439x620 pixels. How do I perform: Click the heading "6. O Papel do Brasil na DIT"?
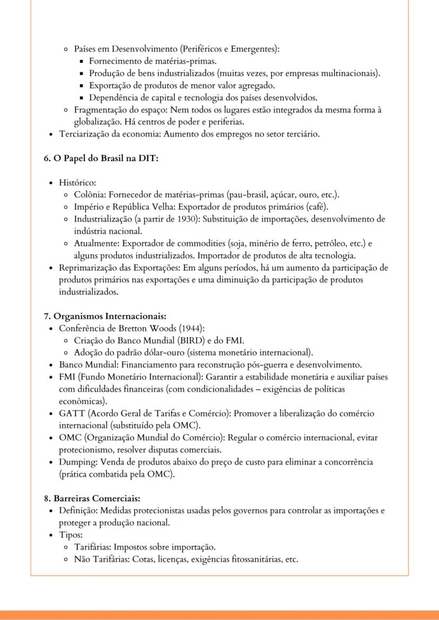101,159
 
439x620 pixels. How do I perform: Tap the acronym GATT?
72,414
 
